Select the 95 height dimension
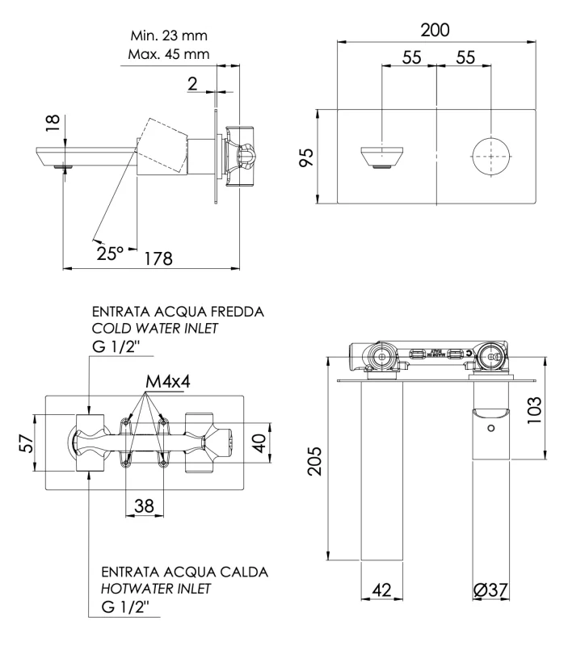tap(305, 155)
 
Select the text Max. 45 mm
tap(169, 55)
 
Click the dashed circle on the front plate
tap(490, 155)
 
